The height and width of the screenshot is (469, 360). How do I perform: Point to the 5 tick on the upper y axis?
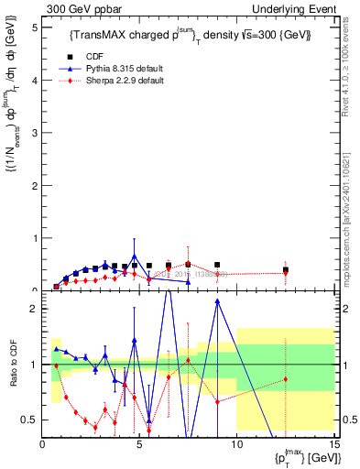(x=36, y=27)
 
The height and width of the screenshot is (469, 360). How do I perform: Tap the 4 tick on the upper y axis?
(x=36, y=80)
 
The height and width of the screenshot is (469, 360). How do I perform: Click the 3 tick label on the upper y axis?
(x=36, y=133)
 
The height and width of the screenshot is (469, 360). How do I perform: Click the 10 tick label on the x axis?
(x=236, y=445)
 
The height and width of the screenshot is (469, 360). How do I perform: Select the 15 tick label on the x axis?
(x=333, y=445)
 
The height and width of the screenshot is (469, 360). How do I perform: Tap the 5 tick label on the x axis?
(x=139, y=445)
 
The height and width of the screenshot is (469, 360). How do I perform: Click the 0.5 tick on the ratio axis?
(x=31, y=420)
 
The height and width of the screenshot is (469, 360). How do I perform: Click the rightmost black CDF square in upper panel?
(x=286, y=270)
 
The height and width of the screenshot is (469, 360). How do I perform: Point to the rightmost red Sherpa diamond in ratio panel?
(x=286, y=379)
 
